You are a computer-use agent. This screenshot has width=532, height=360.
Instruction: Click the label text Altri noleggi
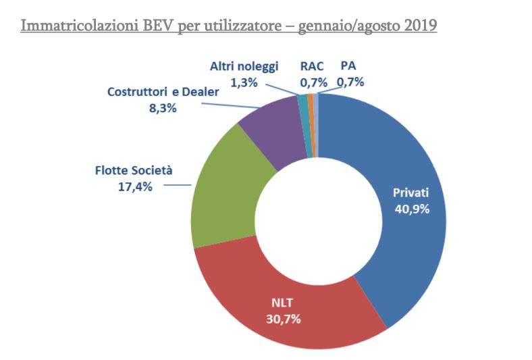pyautogui.click(x=244, y=66)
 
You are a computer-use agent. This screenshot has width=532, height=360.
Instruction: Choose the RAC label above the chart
pyautogui.click(x=312, y=66)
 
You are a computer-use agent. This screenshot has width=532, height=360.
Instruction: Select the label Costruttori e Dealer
pyautogui.click(x=163, y=92)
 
